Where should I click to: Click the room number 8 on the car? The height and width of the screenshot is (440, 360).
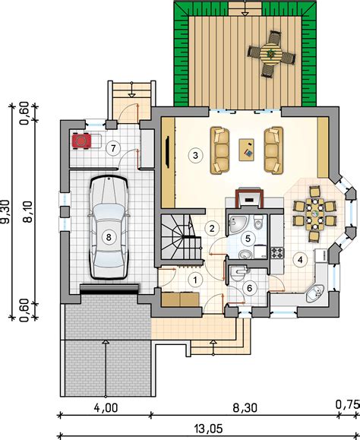(109, 237)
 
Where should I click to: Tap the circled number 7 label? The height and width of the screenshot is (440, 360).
(113, 148)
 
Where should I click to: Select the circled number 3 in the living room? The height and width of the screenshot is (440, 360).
(195, 155)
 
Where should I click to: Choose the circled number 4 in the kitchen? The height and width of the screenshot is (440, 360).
(300, 260)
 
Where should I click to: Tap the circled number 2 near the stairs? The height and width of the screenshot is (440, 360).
(212, 228)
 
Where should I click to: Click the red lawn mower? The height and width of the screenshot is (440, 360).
(81, 141)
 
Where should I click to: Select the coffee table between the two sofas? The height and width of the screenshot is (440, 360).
(246, 150)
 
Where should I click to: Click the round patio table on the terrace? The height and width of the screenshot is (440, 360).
(271, 53)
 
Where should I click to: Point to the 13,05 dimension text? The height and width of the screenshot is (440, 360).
(208, 429)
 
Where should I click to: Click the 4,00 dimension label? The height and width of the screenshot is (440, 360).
(106, 408)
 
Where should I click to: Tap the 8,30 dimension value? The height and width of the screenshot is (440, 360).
(245, 408)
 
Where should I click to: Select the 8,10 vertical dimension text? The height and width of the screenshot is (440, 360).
(29, 212)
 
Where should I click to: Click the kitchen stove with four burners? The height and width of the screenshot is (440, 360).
(277, 252)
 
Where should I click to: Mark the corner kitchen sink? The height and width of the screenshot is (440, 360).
(314, 293)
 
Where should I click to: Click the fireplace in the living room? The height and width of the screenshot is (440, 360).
(249, 198)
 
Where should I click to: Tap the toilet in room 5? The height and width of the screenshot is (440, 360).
(258, 222)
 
